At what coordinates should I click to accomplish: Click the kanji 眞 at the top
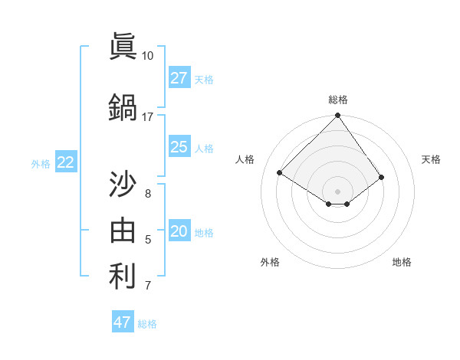coord(123,47)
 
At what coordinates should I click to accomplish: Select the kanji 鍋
coord(123,107)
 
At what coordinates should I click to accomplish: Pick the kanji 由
coord(123,230)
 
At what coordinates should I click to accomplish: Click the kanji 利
coord(123,277)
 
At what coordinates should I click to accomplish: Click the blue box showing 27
coord(179,78)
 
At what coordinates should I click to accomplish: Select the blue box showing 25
coord(179,147)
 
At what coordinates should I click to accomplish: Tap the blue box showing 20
coord(179,232)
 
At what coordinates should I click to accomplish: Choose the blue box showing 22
coord(66,162)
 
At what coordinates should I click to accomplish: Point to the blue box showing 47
coord(123,322)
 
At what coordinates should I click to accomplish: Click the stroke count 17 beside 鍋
coord(147,117)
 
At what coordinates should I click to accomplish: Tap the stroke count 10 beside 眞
coord(147,56)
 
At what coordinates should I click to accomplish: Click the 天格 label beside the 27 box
coord(204,79)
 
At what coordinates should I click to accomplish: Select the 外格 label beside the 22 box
coord(41,163)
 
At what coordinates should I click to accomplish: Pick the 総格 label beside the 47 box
coord(147,324)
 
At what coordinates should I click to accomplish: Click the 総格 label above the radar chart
coord(337,100)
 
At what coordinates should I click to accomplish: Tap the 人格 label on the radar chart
coord(245,159)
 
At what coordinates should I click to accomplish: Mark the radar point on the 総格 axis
coord(337,116)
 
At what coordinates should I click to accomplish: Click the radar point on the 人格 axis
coord(280,172)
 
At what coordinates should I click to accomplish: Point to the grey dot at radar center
coord(337,191)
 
